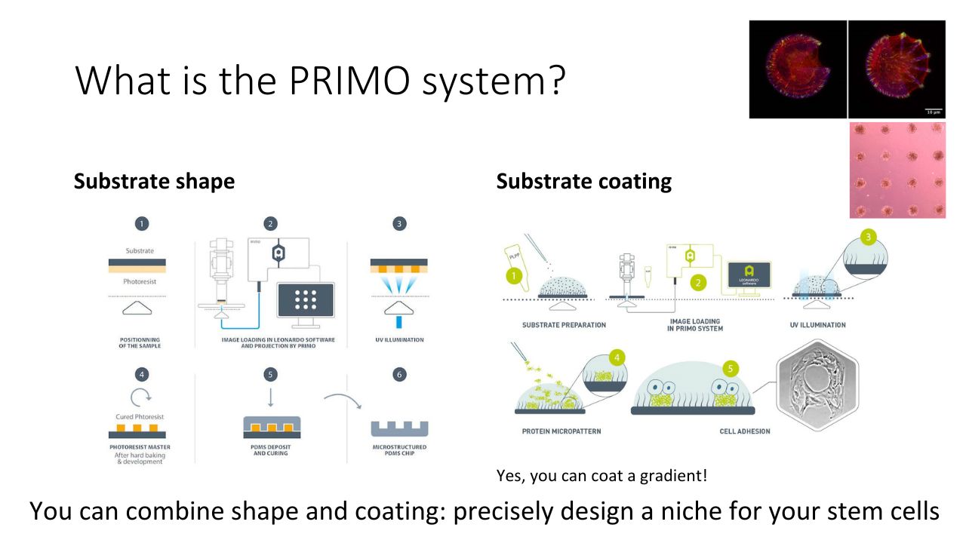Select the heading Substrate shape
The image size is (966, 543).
click(x=154, y=182)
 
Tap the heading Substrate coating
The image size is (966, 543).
click(x=583, y=182)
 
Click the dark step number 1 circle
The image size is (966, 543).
click(x=141, y=223)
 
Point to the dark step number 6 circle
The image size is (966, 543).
click(x=399, y=374)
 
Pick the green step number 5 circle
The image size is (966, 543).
click(x=729, y=369)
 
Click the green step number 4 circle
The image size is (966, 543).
click(x=617, y=357)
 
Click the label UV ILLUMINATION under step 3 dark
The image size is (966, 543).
click(x=399, y=340)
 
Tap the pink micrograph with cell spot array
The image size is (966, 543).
click(x=897, y=170)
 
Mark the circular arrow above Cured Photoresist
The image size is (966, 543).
click(x=141, y=396)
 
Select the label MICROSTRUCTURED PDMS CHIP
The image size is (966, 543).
click(x=399, y=450)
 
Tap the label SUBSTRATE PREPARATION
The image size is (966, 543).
click(x=564, y=325)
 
